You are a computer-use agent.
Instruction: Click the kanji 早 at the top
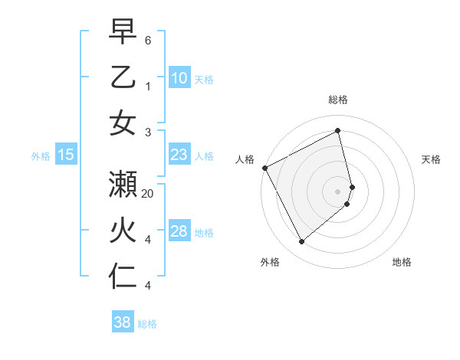pyautogui.click(x=123, y=33)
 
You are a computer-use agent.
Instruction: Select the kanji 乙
pyautogui.click(x=123, y=77)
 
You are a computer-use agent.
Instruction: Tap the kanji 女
pyautogui.click(x=123, y=122)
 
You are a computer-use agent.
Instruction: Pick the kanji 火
pyautogui.click(x=123, y=231)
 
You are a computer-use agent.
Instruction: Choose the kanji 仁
pyautogui.click(x=123, y=275)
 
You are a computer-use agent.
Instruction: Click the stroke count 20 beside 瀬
pyautogui.click(x=149, y=194)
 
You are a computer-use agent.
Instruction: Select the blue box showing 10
pyautogui.click(x=179, y=77)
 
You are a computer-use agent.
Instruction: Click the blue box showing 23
pyautogui.click(x=179, y=155)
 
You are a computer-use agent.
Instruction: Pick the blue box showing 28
pyautogui.click(x=179, y=231)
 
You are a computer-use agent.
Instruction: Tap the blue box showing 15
pyautogui.click(x=66, y=155)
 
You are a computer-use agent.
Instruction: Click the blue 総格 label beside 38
pyautogui.click(x=147, y=324)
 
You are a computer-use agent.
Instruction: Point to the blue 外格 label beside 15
pyautogui.click(x=41, y=155)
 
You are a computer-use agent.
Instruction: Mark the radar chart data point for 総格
pyautogui.click(x=338, y=131)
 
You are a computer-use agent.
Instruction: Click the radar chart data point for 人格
pyautogui.click(x=264, y=168)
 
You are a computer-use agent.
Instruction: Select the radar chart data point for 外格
pyautogui.click(x=301, y=242)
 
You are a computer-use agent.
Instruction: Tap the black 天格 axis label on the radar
pyautogui.click(x=431, y=159)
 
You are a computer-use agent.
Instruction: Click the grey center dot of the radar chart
pyautogui.click(x=338, y=191)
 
